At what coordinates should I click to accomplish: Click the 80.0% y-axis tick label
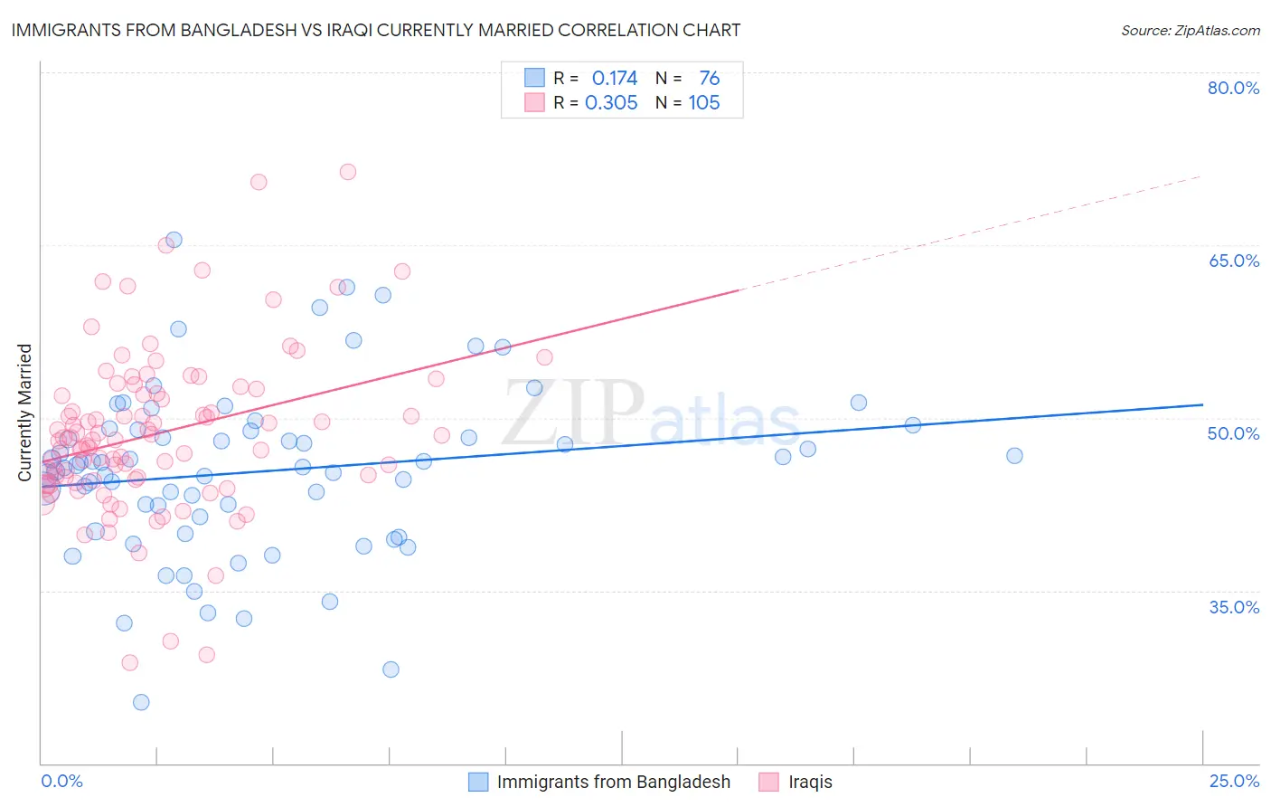pyautogui.click(x=1233, y=88)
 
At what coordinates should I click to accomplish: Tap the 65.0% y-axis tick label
pyautogui.click(x=1233, y=261)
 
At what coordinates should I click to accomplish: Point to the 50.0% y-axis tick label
pyautogui.click(x=1233, y=433)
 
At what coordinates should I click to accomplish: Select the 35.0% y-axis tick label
pyautogui.click(x=1233, y=607)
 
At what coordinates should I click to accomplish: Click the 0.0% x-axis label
pyautogui.click(x=61, y=782)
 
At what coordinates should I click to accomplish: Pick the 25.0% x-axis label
pyautogui.click(x=1234, y=782)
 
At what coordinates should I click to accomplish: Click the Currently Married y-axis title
pyautogui.click(x=24, y=413)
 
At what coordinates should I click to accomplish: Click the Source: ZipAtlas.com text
pyautogui.click(x=1190, y=30)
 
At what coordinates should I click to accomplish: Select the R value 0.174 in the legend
pyautogui.click(x=615, y=79)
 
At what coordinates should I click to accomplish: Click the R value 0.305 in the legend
pyautogui.click(x=611, y=103)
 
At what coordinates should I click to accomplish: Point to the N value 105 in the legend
pyautogui.click(x=704, y=103)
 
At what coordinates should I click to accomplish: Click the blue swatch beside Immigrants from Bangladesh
pyautogui.click(x=478, y=782)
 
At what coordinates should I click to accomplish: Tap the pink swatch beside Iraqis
pyautogui.click(x=768, y=782)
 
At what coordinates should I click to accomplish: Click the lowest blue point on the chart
pyautogui.click(x=141, y=702)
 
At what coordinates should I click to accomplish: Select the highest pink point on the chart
pyautogui.click(x=348, y=172)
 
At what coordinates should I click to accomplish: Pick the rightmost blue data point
pyautogui.click(x=1014, y=456)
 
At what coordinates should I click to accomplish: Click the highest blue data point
pyautogui.click(x=174, y=240)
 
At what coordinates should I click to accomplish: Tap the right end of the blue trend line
pyautogui.click(x=1202, y=404)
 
